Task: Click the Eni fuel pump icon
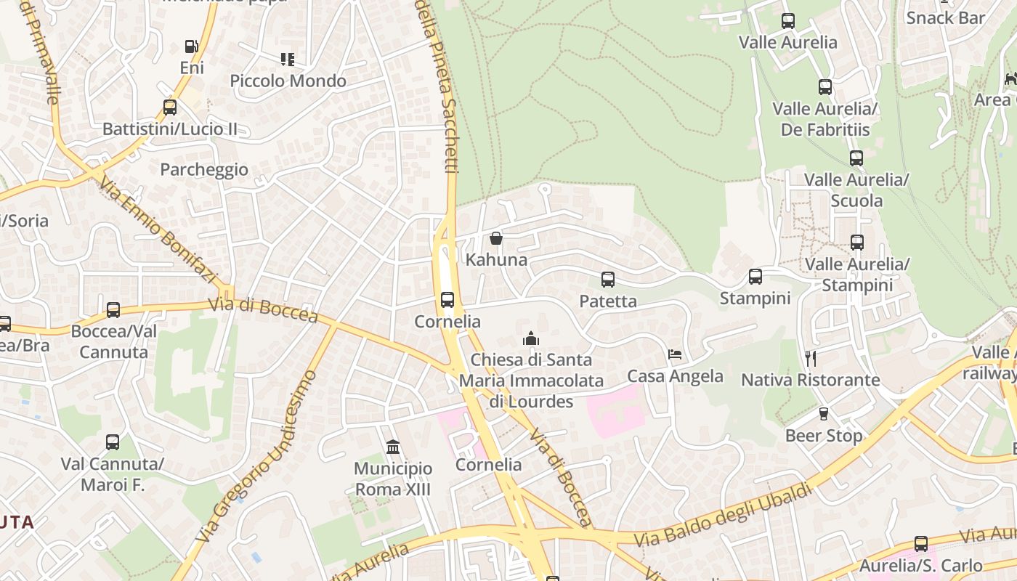pos(192,46)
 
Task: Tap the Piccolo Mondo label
pos(288,81)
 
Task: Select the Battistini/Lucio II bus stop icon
pos(170,107)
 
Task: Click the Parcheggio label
pos(204,169)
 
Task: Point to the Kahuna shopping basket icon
pos(496,237)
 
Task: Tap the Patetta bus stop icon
pos(608,279)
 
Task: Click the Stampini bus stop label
pos(755,298)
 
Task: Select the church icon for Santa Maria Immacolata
pos(531,338)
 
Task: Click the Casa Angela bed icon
pos(675,354)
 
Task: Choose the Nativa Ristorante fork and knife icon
pos(811,358)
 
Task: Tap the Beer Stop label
pos(824,436)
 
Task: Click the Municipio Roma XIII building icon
pos(393,446)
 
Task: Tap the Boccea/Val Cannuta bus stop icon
pos(113,310)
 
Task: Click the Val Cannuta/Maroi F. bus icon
pos(113,442)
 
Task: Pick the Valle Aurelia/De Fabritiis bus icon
pos(825,87)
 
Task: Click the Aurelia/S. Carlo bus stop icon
pos(921,543)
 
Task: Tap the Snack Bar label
pos(945,18)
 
